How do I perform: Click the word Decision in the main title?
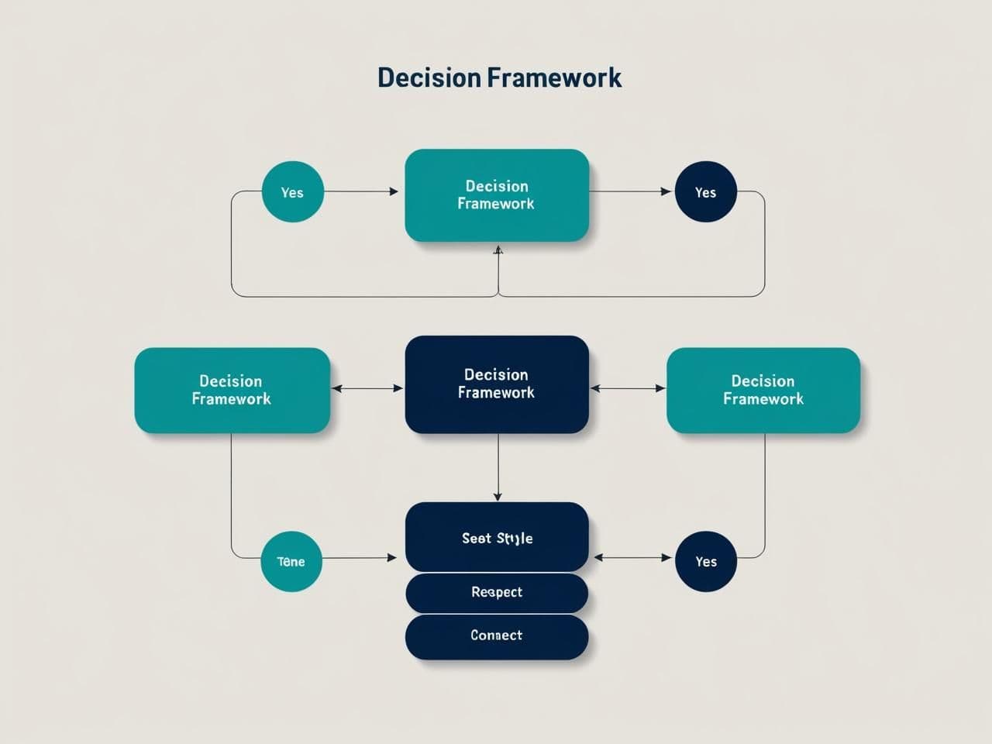pos(429,77)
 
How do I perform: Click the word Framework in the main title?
pos(555,77)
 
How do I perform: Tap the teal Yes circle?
pos(292,192)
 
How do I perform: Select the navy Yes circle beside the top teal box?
pos(705,192)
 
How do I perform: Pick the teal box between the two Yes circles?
pos(497,195)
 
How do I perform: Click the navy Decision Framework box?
pos(497,384)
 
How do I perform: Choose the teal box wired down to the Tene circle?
pos(232,390)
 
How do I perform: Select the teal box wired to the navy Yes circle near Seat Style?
pos(763,390)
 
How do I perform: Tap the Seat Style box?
pos(497,538)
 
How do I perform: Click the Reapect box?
pos(497,593)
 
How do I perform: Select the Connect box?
pos(497,636)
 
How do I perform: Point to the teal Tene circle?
pos(291,562)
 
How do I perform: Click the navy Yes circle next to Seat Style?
pos(705,562)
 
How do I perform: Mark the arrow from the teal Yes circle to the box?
pos(361,191)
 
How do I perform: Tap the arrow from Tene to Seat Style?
pos(360,557)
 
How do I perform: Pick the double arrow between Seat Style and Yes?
pos(632,557)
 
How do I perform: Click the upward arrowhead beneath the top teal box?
pos(498,250)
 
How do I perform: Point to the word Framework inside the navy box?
pos(496,393)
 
